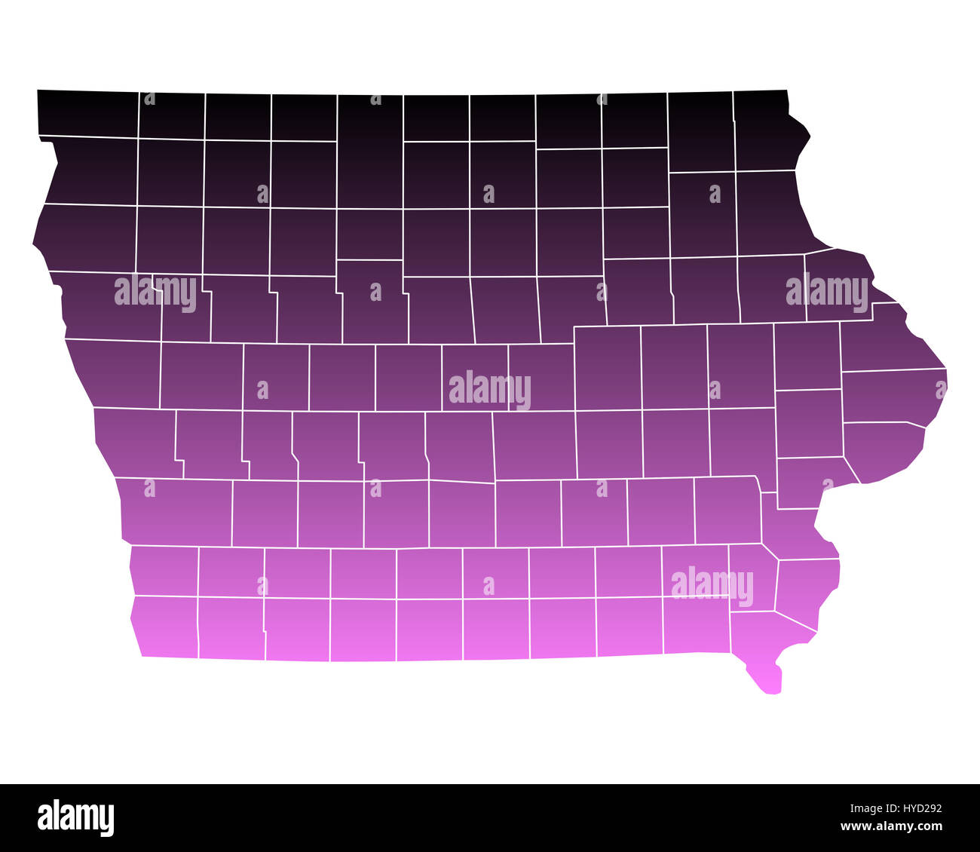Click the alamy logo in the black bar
coord(75,818)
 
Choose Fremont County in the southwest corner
coord(166,626)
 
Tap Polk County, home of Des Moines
coord(459,445)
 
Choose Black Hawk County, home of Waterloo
coord(638,292)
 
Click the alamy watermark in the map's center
coord(490,390)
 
